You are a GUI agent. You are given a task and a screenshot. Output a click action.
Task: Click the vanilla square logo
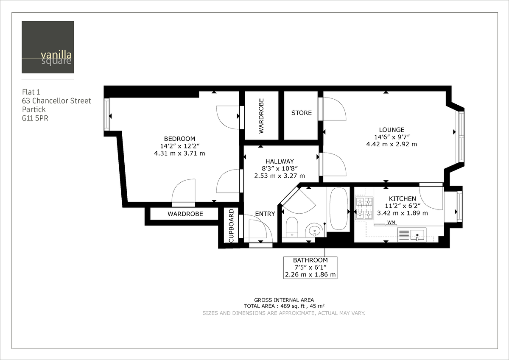(x=48, y=47)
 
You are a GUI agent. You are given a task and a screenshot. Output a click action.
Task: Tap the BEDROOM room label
(x=179, y=139)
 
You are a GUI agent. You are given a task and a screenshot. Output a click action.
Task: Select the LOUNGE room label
(x=392, y=130)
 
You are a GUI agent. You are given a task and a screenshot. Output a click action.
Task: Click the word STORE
(x=301, y=113)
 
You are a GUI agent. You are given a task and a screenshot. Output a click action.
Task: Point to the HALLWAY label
(x=280, y=161)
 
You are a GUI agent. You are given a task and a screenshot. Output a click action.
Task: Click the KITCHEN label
(x=403, y=198)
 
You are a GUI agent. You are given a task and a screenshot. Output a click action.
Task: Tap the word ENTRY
(x=265, y=214)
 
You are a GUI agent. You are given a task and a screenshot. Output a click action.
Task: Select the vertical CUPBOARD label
(x=231, y=226)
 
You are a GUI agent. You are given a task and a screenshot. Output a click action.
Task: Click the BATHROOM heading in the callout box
(x=310, y=260)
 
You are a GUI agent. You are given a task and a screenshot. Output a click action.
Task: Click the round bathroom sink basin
(x=314, y=231)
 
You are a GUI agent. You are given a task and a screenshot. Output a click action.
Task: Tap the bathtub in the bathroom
(x=338, y=209)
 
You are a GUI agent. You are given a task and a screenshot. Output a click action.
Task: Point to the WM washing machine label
(x=391, y=222)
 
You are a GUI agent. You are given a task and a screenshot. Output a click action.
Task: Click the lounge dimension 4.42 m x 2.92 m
(x=392, y=144)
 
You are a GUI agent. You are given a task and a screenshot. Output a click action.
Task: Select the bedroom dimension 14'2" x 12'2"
(x=179, y=146)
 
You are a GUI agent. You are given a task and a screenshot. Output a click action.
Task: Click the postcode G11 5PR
(x=35, y=119)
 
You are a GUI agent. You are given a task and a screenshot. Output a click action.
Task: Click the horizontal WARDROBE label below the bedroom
(x=185, y=214)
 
